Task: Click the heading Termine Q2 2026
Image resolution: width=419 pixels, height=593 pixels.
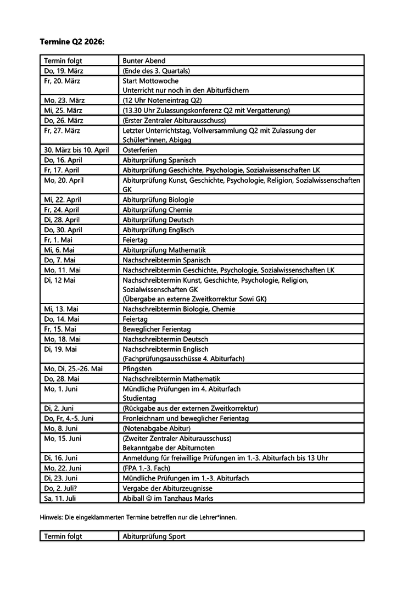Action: coord(71,41)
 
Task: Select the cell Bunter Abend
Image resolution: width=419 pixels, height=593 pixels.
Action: coord(144,60)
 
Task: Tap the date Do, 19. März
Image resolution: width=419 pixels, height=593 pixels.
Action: coord(63,71)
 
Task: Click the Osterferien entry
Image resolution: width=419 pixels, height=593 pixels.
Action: coord(139,150)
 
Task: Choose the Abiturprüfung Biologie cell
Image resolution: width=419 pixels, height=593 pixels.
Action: coord(158,200)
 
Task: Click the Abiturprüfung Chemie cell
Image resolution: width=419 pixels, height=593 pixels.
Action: coord(157,210)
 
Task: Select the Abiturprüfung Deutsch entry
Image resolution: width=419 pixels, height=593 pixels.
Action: coord(158,220)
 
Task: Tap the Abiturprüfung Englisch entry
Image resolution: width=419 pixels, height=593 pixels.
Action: coord(158,230)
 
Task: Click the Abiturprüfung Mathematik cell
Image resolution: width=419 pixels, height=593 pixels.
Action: coord(164,250)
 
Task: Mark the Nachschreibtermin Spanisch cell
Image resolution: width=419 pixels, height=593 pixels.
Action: coord(166,260)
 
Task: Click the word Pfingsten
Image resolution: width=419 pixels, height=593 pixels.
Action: coord(137,369)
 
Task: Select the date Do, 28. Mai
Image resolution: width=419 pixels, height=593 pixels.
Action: coord(62,379)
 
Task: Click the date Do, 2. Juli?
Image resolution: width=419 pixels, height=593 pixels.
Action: coord(63,488)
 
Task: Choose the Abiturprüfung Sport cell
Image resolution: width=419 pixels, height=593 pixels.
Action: coord(154,536)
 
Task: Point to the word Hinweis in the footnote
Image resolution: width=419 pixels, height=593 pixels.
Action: coord(51,517)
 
